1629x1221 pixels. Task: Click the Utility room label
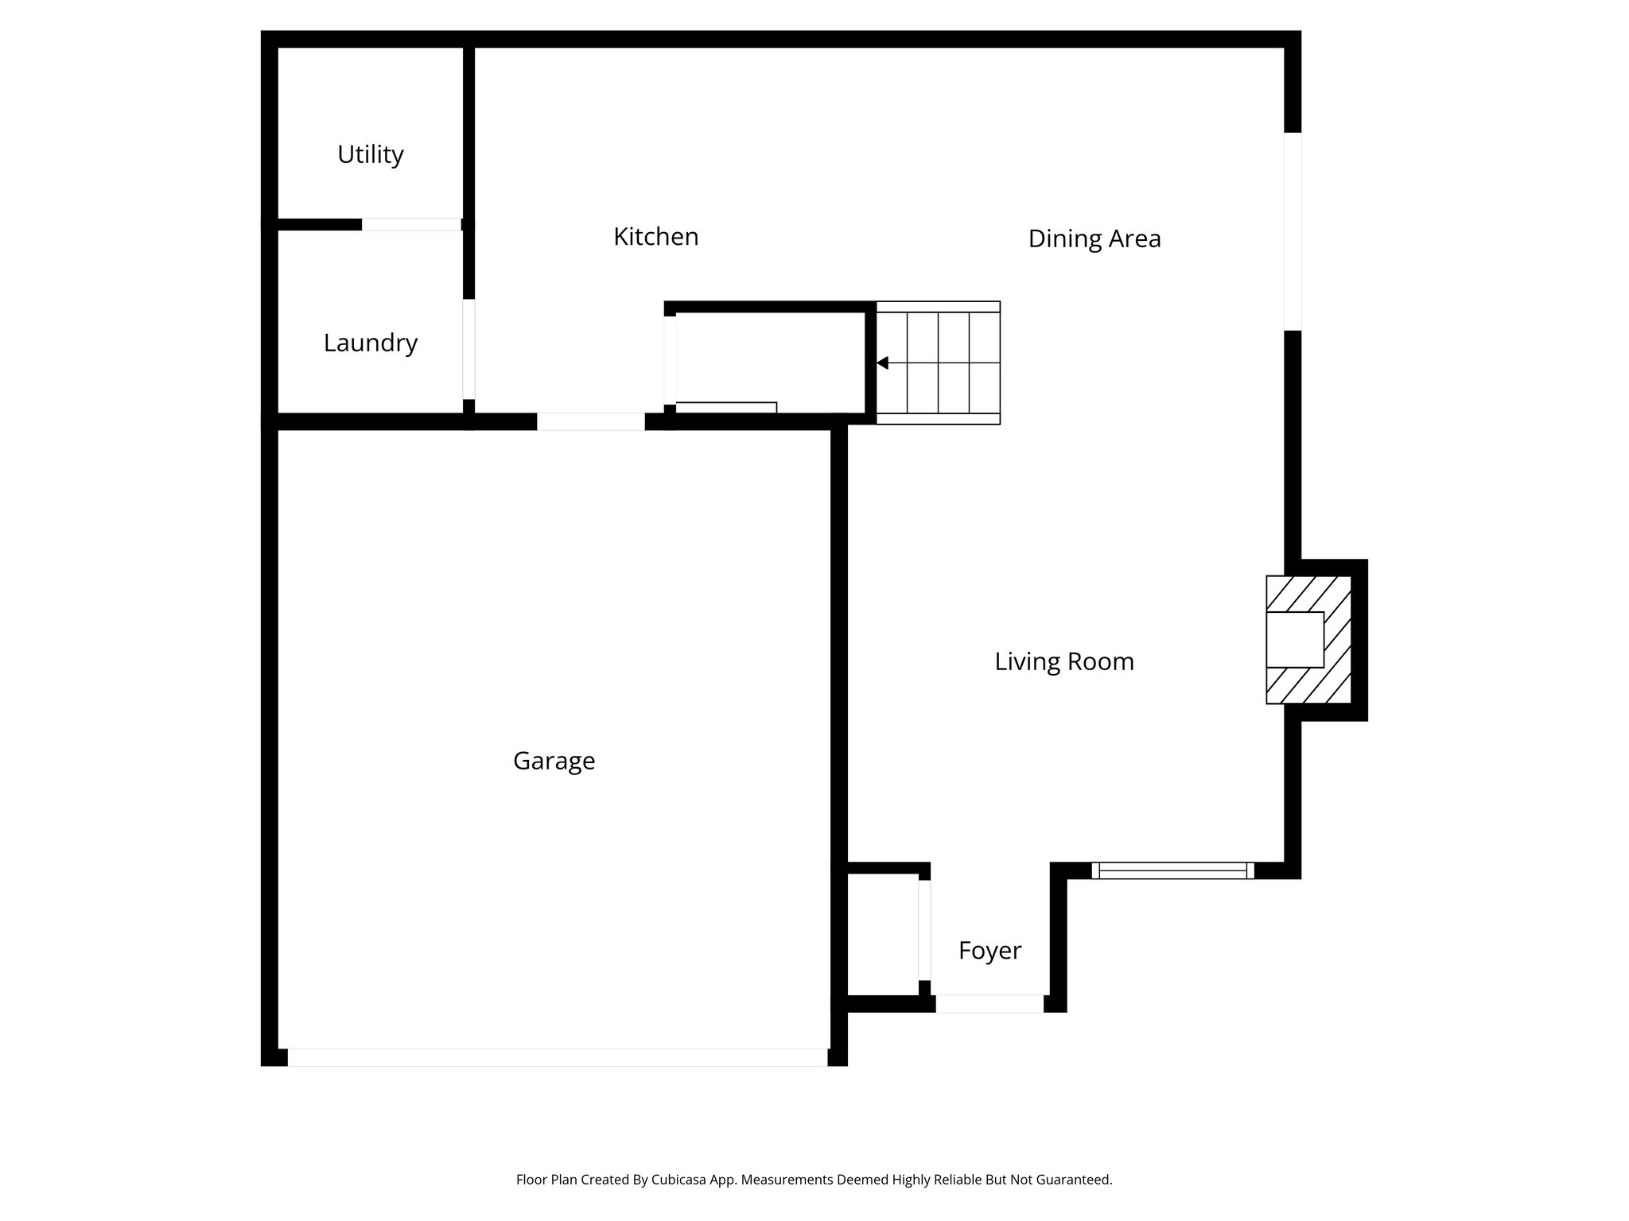point(370,154)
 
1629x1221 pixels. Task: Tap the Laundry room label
point(370,343)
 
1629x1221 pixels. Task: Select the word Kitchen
point(655,237)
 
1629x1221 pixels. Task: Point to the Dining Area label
point(1094,238)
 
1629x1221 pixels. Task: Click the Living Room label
point(1063,661)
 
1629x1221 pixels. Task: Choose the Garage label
point(554,761)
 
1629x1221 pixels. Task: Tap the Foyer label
point(989,950)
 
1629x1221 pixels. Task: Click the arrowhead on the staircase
point(882,363)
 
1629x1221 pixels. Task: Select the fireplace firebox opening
point(1294,640)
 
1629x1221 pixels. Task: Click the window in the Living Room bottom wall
point(1172,870)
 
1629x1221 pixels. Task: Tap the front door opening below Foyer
point(989,1004)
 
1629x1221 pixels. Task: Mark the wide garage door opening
point(557,1057)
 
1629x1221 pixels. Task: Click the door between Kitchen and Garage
point(590,421)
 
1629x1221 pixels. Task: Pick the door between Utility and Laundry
point(411,224)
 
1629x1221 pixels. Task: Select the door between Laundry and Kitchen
point(469,349)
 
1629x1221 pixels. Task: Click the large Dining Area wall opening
point(1293,231)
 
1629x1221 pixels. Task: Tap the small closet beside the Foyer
point(882,934)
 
